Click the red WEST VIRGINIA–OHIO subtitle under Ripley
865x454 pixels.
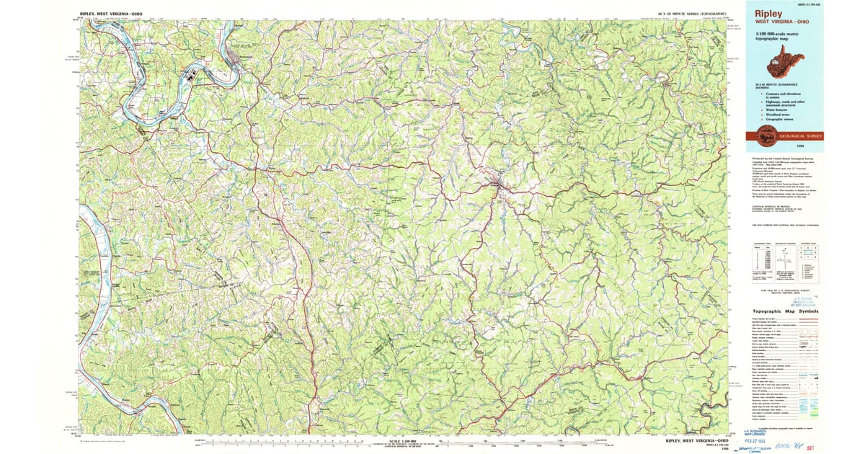(x=781, y=22)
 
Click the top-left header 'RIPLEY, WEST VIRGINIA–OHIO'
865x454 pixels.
(x=109, y=14)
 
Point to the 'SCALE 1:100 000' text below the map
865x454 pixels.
(x=404, y=440)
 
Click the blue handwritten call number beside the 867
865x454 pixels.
(x=820, y=446)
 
